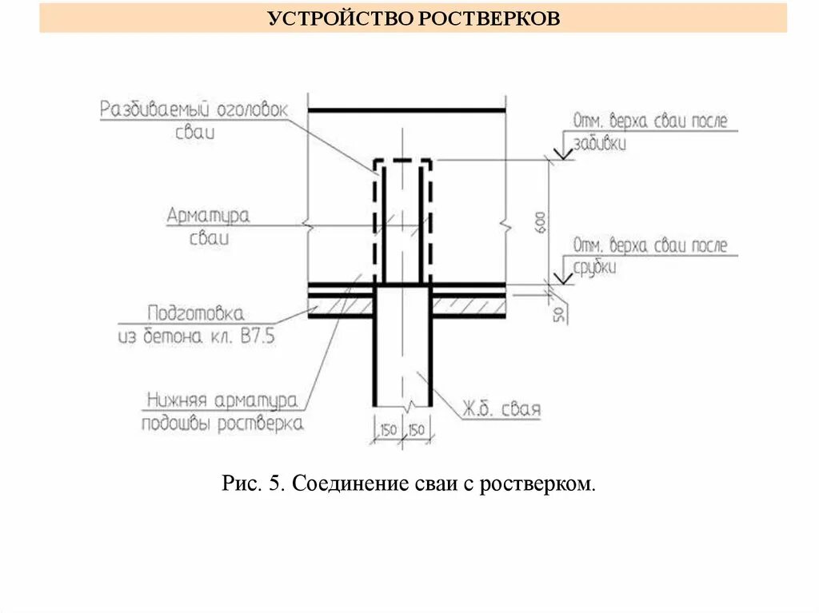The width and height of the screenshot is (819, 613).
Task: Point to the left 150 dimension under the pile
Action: [x=388, y=431]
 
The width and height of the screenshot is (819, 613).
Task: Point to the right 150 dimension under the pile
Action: [x=417, y=431]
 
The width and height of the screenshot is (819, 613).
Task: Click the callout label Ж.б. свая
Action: [x=501, y=411]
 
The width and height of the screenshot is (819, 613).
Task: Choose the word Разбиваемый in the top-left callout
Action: [x=154, y=109]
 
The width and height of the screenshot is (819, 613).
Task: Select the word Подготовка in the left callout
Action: [x=195, y=312]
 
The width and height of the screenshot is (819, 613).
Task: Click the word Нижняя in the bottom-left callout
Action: [x=181, y=400]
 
